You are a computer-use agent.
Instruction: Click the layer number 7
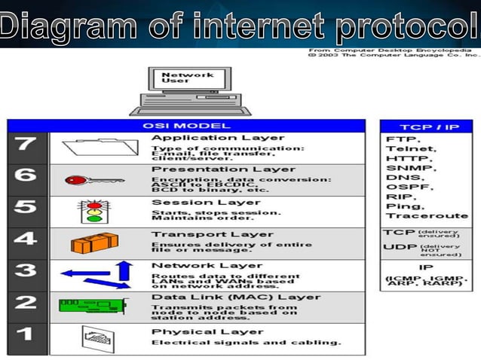(x=25, y=146)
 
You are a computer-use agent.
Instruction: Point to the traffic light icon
(x=93, y=212)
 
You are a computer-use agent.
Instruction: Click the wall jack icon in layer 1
(x=93, y=335)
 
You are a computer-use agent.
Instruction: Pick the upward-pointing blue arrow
(x=124, y=270)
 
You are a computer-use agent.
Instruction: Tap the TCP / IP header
(x=425, y=127)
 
